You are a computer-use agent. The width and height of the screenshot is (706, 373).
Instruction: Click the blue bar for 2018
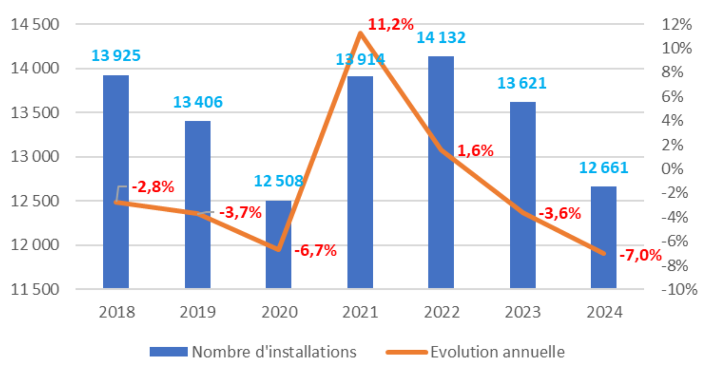click(x=116, y=182)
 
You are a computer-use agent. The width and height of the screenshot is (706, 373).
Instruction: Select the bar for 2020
click(x=278, y=245)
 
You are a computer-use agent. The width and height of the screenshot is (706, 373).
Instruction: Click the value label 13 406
click(x=197, y=102)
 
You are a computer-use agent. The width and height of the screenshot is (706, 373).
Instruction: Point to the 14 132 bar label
click(x=441, y=38)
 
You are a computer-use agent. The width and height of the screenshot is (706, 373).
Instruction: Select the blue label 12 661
click(x=604, y=168)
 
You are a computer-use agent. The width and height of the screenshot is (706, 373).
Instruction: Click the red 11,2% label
click(x=390, y=24)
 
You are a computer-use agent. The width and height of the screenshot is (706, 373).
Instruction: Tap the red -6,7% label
click(x=315, y=250)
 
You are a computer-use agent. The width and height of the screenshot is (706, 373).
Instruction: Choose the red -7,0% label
click(x=640, y=255)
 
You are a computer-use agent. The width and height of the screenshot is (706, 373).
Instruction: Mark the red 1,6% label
click(x=475, y=150)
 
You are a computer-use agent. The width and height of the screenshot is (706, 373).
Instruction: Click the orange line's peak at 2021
click(x=360, y=33)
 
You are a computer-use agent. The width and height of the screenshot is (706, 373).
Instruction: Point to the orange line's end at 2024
click(x=604, y=253)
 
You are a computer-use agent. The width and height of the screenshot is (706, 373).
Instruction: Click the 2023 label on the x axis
click(x=522, y=312)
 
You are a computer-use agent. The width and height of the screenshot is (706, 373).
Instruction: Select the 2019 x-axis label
click(x=197, y=312)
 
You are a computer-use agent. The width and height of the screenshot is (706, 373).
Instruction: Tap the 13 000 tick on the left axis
click(x=35, y=157)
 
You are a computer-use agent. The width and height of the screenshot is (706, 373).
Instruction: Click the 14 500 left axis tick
click(x=35, y=24)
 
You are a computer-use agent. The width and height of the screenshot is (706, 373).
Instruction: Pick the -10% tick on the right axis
click(x=679, y=289)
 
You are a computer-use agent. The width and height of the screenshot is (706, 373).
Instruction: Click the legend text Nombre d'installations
click(x=274, y=352)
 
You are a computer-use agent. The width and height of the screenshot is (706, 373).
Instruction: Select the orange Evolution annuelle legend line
click(x=407, y=352)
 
